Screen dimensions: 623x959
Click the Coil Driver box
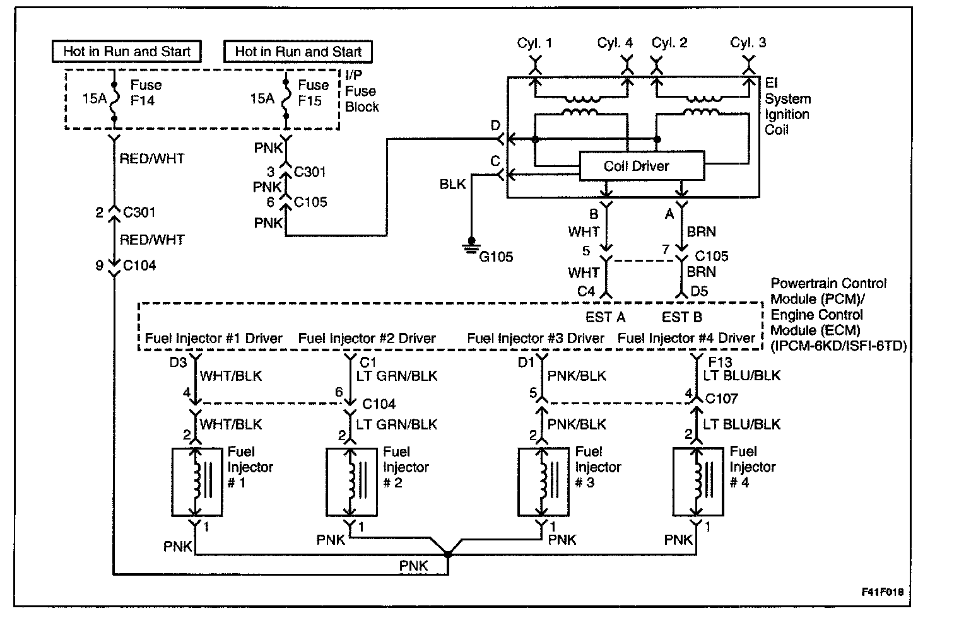[641, 166]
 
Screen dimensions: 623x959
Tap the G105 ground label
[496, 257]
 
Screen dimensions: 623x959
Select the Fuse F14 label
[146, 93]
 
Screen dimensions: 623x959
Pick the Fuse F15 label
[314, 93]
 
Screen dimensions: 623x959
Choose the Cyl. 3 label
[748, 43]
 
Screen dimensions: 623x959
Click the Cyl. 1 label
[534, 43]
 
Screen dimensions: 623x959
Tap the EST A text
[605, 317]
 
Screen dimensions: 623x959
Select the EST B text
[681, 317]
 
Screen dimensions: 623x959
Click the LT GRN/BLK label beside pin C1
[396, 376]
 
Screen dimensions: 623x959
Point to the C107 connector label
[721, 399]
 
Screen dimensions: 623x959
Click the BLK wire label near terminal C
[452, 184]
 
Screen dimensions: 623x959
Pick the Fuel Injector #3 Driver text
[535, 339]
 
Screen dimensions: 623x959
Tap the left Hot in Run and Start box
[127, 52]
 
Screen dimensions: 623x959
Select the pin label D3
[178, 362]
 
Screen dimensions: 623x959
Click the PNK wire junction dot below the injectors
[447, 555]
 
